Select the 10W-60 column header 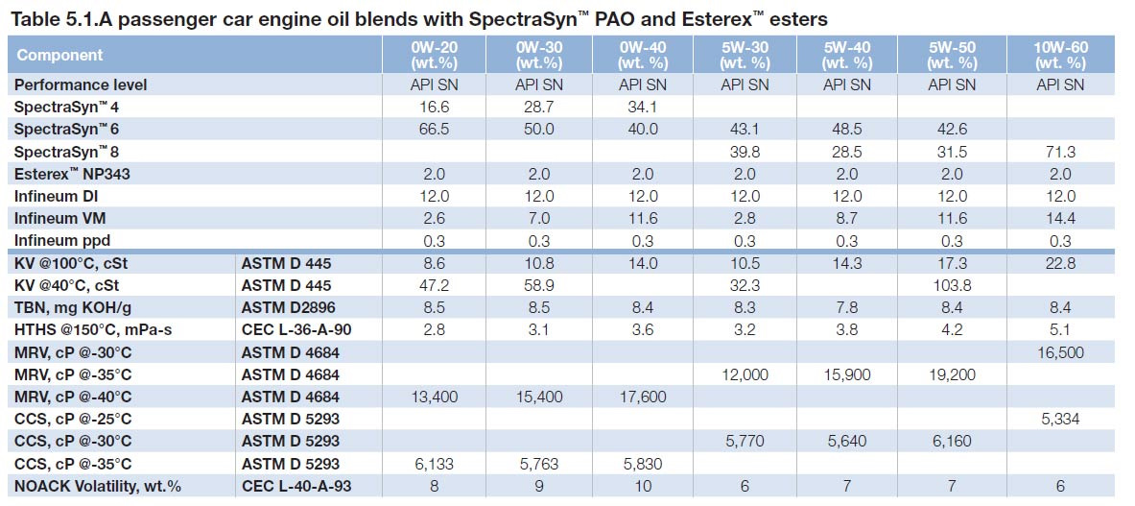pos(1060,55)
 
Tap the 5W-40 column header pos(846,55)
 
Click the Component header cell pos(59,56)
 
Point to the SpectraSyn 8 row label pos(66,152)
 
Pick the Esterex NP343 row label pos(72,174)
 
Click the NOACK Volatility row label pos(97,487)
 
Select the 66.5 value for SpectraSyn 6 pos(435,129)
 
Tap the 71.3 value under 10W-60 pos(1060,152)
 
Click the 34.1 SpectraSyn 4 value pos(642,107)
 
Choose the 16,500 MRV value pos(1060,352)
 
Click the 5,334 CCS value pos(1060,420)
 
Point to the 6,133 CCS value pos(435,464)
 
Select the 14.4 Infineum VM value pos(1060,219)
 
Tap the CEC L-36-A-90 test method pos(297,330)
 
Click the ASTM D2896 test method pos(287,308)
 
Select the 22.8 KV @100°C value pos(1060,264)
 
